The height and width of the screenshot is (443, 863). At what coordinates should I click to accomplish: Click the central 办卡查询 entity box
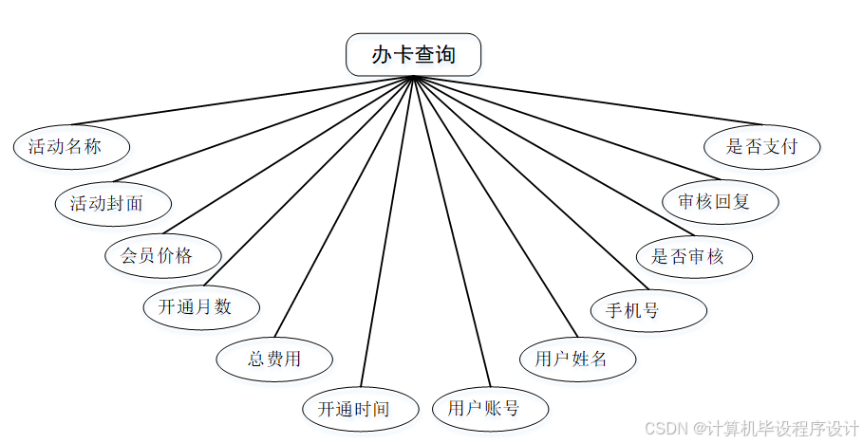[413, 55]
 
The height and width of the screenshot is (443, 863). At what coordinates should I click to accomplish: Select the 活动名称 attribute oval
[71, 147]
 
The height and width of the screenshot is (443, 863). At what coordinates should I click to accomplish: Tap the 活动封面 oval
[113, 203]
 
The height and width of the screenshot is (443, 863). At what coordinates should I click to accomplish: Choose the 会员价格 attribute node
[163, 255]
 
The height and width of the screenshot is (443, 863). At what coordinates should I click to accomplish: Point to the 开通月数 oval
[200, 306]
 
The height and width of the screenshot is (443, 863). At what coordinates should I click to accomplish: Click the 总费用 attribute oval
[274, 359]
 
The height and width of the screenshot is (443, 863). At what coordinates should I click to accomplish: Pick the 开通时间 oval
[360, 410]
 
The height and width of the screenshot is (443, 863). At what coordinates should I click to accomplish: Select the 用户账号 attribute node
[490, 409]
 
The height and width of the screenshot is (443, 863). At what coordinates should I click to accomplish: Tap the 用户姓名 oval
[577, 359]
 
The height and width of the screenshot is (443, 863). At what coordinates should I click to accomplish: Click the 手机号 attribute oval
[649, 310]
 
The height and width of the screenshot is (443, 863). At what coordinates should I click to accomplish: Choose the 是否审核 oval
[694, 256]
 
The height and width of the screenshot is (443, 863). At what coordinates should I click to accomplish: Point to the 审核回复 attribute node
[721, 202]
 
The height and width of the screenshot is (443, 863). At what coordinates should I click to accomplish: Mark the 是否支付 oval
[761, 147]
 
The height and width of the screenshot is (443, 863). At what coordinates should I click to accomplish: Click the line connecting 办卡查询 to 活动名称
[242, 100]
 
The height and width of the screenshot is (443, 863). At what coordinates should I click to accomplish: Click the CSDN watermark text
[751, 429]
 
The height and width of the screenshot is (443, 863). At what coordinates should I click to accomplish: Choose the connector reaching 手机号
[530, 182]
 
